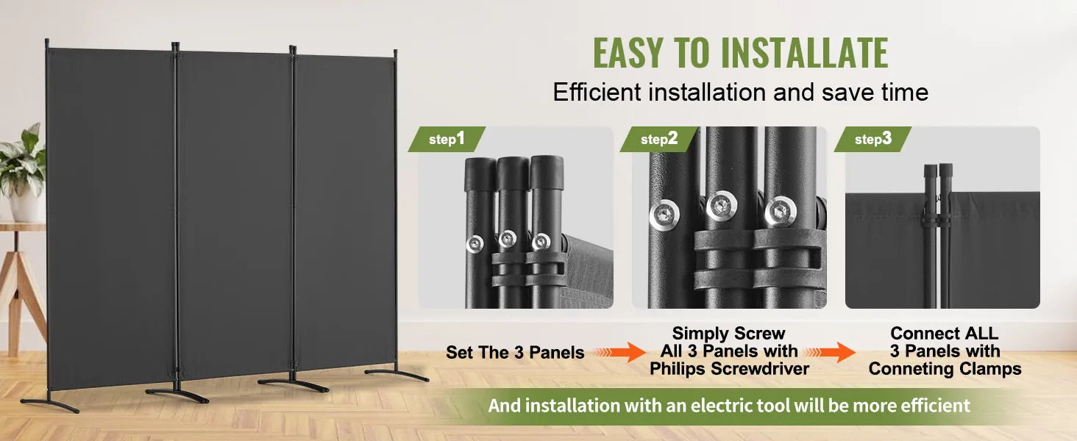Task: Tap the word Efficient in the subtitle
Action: click(x=597, y=92)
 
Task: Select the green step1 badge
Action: click(x=447, y=140)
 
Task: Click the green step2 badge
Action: click(x=658, y=140)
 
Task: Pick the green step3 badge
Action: click(x=872, y=140)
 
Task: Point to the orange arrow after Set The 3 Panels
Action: click(x=619, y=352)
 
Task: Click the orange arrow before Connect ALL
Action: click(x=830, y=352)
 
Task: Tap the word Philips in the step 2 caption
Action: click(x=678, y=369)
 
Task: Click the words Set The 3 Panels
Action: click(x=515, y=353)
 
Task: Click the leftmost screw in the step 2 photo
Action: click(x=664, y=215)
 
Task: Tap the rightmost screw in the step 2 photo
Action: click(x=781, y=212)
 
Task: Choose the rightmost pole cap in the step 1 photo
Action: click(x=547, y=173)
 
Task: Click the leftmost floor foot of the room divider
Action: click(x=50, y=405)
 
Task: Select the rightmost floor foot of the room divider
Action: click(x=397, y=375)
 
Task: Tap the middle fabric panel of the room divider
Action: click(x=234, y=214)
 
